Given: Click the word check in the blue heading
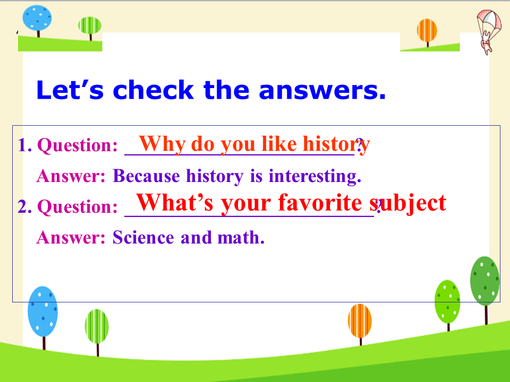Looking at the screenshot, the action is coord(153,90).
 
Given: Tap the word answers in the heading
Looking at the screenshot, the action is coord(322,90).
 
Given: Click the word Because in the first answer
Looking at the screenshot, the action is coord(147,176).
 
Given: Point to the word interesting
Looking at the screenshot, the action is coord(314,176).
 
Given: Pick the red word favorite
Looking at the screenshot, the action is coord(320,203).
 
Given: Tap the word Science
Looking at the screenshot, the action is coord(143,238).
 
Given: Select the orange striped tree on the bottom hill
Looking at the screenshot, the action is coord(360,324).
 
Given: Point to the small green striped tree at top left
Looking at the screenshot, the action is coord(90,28).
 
